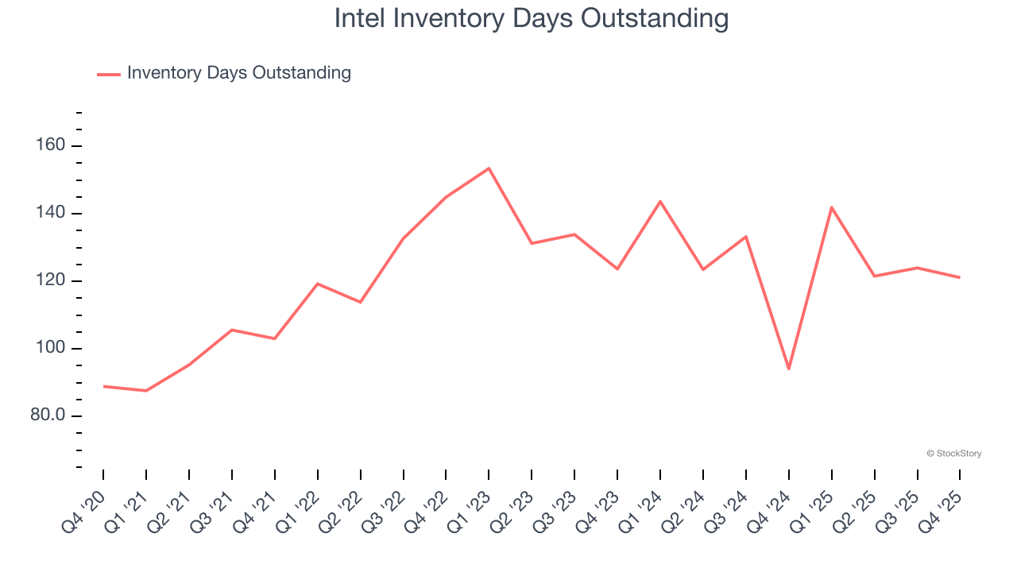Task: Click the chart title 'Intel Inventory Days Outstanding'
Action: coord(531,18)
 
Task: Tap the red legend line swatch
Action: coord(109,74)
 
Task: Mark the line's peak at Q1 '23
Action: coord(489,168)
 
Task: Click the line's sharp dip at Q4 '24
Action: coord(789,369)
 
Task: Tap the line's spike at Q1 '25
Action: coord(832,207)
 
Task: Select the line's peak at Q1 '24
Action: coord(660,201)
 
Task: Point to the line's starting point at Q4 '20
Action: coord(103,386)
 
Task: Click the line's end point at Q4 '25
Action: coord(960,277)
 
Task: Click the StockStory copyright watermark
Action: coord(953,454)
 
